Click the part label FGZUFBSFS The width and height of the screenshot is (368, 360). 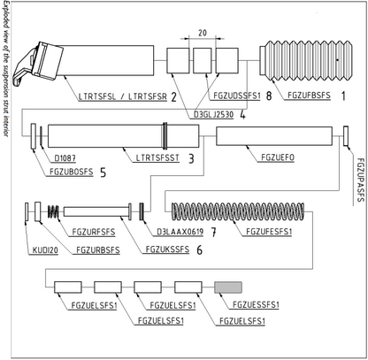click(309, 96)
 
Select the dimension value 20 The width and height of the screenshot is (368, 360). click(203, 33)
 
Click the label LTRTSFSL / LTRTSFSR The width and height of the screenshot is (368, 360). click(123, 96)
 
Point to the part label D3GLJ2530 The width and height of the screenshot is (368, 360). click(213, 114)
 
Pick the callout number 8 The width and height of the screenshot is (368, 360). click(269, 96)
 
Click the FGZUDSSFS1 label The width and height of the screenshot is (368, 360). click(237, 96)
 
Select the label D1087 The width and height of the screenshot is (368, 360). click(65, 158)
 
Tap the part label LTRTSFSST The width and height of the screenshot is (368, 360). click(157, 157)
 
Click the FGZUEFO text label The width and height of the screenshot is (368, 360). click(278, 157)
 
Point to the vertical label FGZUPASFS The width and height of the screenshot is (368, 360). click(360, 180)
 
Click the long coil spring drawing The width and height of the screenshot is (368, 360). click(238, 211)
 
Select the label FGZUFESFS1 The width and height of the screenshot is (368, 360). click(269, 232)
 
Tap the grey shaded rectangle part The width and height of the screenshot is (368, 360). click(228, 287)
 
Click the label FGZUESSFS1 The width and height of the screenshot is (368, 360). click(256, 304)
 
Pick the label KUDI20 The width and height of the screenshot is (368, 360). click(45, 250)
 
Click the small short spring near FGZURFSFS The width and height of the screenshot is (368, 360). click(53, 211)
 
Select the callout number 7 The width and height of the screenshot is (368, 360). click(214, 233)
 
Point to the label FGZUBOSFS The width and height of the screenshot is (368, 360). click(71, 172)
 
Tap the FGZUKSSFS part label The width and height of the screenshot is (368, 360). click(167, 249)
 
